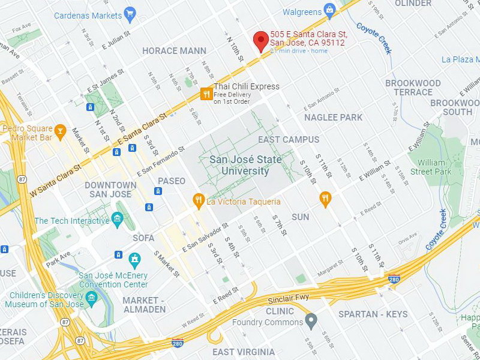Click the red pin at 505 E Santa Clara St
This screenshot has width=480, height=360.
tap(260, 40)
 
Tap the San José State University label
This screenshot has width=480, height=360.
tap(239, 166)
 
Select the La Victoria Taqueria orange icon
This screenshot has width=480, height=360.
tap(198, 202)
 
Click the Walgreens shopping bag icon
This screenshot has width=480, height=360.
tap(329, 9)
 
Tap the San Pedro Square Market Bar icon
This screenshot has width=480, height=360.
tap(60, 130)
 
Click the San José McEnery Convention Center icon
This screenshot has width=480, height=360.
tap(134, 260)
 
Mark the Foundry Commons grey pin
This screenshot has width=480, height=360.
tap(310, 322)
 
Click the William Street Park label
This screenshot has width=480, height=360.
tap(431, 167)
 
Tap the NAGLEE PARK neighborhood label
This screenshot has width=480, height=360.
tap(333, 118)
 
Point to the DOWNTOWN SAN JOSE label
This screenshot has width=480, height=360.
tap(110, 190)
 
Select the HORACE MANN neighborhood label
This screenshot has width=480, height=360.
tap(174, 51)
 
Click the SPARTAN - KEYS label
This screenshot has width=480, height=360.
tap(373, 314)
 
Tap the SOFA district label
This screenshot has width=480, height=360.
tap(143, 238)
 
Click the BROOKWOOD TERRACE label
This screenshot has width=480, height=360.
tap(412, 88)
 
